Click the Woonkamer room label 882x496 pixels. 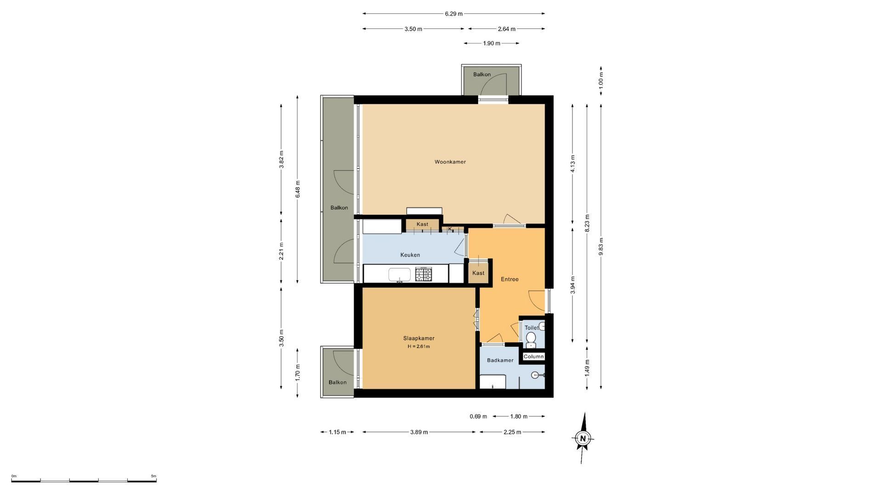click(x=450, y=162)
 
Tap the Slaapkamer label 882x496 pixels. click(x=419, y=338)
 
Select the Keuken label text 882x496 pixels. click(x=410, y=255)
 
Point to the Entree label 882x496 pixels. click(x=509, y=279)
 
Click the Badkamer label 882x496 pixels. click(x=500, y=361)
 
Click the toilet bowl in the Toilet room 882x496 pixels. click(x=531, y=339)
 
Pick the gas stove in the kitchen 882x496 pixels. click(x=424, y=274)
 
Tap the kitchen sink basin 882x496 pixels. click(x=400, y=275)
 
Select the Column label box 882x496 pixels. click(x=534, y=356)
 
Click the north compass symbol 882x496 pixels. click(x=583, y=438)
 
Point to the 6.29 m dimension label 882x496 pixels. click(x=453, y=14)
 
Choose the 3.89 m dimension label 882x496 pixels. click(x=418, y=432)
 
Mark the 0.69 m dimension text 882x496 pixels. click(x=478, y=417)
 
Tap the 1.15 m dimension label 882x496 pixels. click(x=337, y=432)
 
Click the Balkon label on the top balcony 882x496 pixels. click(x=482, y=74)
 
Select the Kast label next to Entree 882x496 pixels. click(x=478, y=273)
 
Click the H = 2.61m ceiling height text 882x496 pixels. click(x=418, y=347)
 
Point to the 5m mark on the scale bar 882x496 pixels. click(x=154, y=476)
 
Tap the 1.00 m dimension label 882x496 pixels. click(x=601, y=81)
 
